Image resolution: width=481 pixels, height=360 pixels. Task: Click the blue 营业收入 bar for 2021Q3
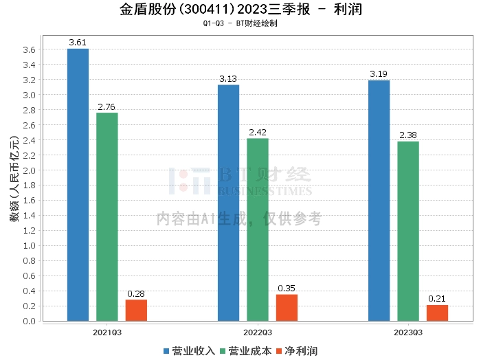tap(78, 185)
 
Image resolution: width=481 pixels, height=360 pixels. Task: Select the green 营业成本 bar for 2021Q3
tap(107, 216)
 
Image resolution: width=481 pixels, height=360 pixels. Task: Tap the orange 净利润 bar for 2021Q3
tap(136, 311)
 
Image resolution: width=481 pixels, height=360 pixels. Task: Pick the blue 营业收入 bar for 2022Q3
tap(228, 203)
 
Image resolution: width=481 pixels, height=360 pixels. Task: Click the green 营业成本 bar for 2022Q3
tap(258, 229)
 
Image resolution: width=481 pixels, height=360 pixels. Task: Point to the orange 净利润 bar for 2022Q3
tap(287, 308)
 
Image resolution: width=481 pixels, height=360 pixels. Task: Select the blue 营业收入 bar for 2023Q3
tap(379, 201)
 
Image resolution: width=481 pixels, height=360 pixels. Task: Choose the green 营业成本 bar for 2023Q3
tap(408, 231)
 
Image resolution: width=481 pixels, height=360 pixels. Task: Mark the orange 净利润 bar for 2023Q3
tap(437, 313)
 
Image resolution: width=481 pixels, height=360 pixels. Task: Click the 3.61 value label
tap(78, 43)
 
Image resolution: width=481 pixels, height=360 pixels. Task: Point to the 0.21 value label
tap(437, 299)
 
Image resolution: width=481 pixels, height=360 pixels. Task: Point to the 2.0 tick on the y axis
tap(29, 170)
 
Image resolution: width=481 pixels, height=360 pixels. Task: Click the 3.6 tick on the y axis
tap(29, 50)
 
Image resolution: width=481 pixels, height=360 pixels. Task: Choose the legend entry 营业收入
tap(190, 351)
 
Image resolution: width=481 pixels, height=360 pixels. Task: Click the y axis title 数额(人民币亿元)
tap(13, 185)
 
